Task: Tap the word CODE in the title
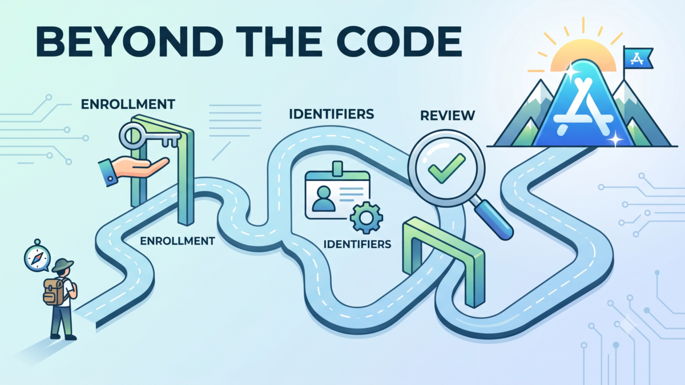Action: click(399, 41)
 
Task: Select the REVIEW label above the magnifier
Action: click(448, 115)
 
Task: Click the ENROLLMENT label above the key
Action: click(128, 104)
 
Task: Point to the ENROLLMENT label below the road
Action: click(178, 241)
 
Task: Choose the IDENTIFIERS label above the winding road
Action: click(332, 114)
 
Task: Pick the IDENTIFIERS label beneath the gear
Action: click(357, 244)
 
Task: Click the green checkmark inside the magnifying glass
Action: click(447, 168)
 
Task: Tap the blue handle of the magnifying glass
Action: click(493, 219)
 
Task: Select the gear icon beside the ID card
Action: click(366, 218)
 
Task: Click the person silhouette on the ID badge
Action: click(324, 199)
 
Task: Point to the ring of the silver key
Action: click(131, 136)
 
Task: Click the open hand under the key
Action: click(135, 169)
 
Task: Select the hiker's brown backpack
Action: click(54, 292)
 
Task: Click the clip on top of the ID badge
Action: click(337, 169)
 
